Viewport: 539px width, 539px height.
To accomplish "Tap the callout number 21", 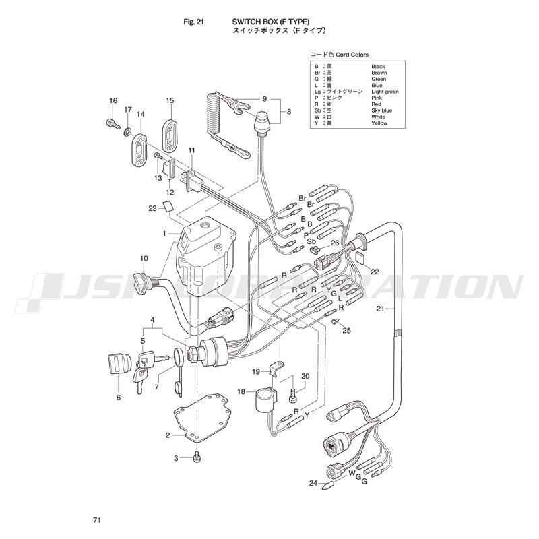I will (380, 309).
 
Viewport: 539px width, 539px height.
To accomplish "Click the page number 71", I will (98, 520).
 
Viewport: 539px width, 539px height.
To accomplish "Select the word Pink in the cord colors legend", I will (377, 98).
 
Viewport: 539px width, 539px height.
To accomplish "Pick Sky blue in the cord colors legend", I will (381, 110).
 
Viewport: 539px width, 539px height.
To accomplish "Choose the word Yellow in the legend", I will (379, 123).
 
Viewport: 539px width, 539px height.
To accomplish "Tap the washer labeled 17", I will (127, 127).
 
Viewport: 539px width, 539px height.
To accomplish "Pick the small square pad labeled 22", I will (360, 258).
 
